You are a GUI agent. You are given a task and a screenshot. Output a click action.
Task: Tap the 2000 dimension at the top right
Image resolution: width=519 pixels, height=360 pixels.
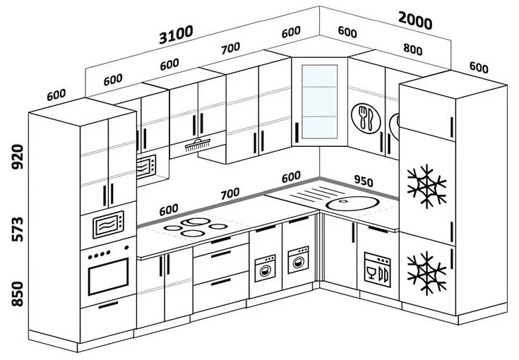point(414,21)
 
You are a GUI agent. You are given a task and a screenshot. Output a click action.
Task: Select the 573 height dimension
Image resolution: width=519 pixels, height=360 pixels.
point(17,230)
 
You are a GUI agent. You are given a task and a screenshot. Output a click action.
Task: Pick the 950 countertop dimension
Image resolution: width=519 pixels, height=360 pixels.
point(364,181)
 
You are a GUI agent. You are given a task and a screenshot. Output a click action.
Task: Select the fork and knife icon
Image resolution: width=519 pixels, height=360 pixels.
point(365,117)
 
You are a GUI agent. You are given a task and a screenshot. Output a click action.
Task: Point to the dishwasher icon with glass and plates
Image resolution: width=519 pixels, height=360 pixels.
point(378,268)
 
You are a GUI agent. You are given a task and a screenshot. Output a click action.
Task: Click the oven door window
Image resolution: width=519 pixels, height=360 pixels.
point(107,276)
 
